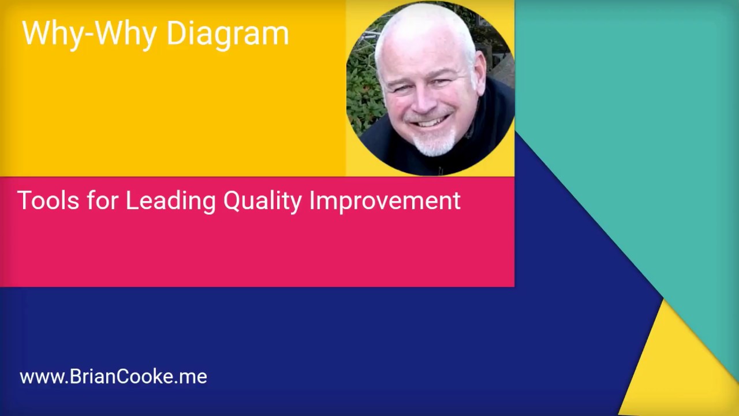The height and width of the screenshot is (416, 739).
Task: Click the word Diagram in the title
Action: click(227, 34)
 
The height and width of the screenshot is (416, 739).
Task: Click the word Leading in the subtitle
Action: click(170, 201)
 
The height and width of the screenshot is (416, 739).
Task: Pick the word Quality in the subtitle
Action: click(262, 201)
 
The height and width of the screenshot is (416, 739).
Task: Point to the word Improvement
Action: click(385, 201)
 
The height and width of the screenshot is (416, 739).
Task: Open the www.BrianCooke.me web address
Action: click(113, 377)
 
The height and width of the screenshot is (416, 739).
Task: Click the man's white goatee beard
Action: click(434, 142)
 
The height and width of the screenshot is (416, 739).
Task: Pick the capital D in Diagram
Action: click(176, 34)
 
